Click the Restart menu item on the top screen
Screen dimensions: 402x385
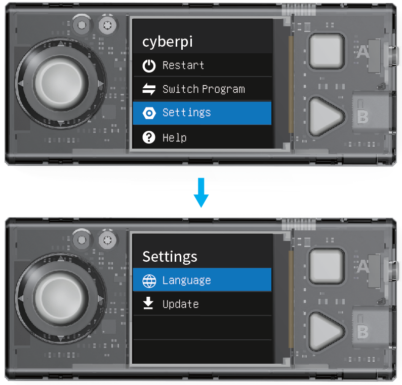[202, 65]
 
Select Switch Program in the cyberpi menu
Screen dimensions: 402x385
[202, 89]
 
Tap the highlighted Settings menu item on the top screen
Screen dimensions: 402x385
[202, 113]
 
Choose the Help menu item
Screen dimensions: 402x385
[202, 137]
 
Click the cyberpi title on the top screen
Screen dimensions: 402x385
[168, 42]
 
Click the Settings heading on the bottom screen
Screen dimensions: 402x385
[170, 257]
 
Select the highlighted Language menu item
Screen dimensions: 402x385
[202, 279]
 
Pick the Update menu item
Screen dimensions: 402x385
[202, 304]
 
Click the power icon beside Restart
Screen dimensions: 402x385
[149, 66]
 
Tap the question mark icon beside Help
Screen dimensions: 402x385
[149, 137]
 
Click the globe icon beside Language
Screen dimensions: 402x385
[149, 281]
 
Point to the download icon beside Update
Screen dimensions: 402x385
[148, 303]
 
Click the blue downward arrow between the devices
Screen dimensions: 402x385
[201, 193]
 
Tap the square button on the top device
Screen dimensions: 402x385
[327, 51]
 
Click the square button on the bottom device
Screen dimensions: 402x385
[327, 266]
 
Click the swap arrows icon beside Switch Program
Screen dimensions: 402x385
[149, 89]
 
